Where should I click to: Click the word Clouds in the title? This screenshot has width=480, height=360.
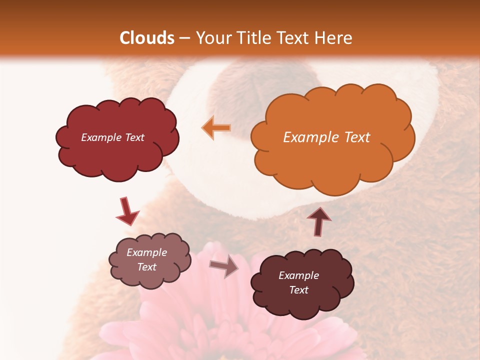coord(147,38)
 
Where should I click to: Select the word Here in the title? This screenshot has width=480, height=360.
coord(334,38)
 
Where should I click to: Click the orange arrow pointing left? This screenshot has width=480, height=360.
coord(216,128)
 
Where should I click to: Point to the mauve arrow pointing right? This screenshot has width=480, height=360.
coord(224,267)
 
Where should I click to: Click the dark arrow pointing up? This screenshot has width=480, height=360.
coord(318,221)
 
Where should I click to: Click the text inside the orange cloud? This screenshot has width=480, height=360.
coord(326,137)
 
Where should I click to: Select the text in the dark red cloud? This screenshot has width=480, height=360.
coord(112,137)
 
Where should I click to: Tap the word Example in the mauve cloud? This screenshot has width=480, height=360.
coord(147,252)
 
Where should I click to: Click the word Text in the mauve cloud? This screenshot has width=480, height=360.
coord(147,267)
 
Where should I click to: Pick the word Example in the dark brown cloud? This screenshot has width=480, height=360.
coord(298,275)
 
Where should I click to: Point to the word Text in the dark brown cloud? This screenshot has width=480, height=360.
coord(298,290)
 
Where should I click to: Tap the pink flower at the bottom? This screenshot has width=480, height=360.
coord(220,325)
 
